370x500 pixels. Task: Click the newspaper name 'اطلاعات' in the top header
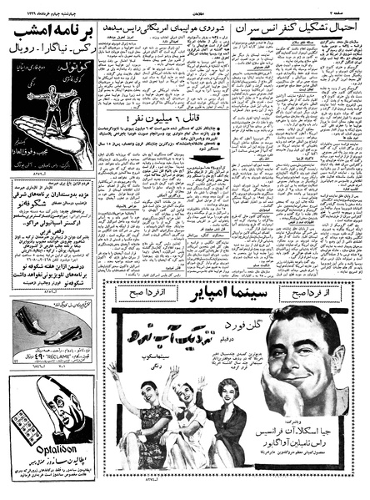click(185, 7)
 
